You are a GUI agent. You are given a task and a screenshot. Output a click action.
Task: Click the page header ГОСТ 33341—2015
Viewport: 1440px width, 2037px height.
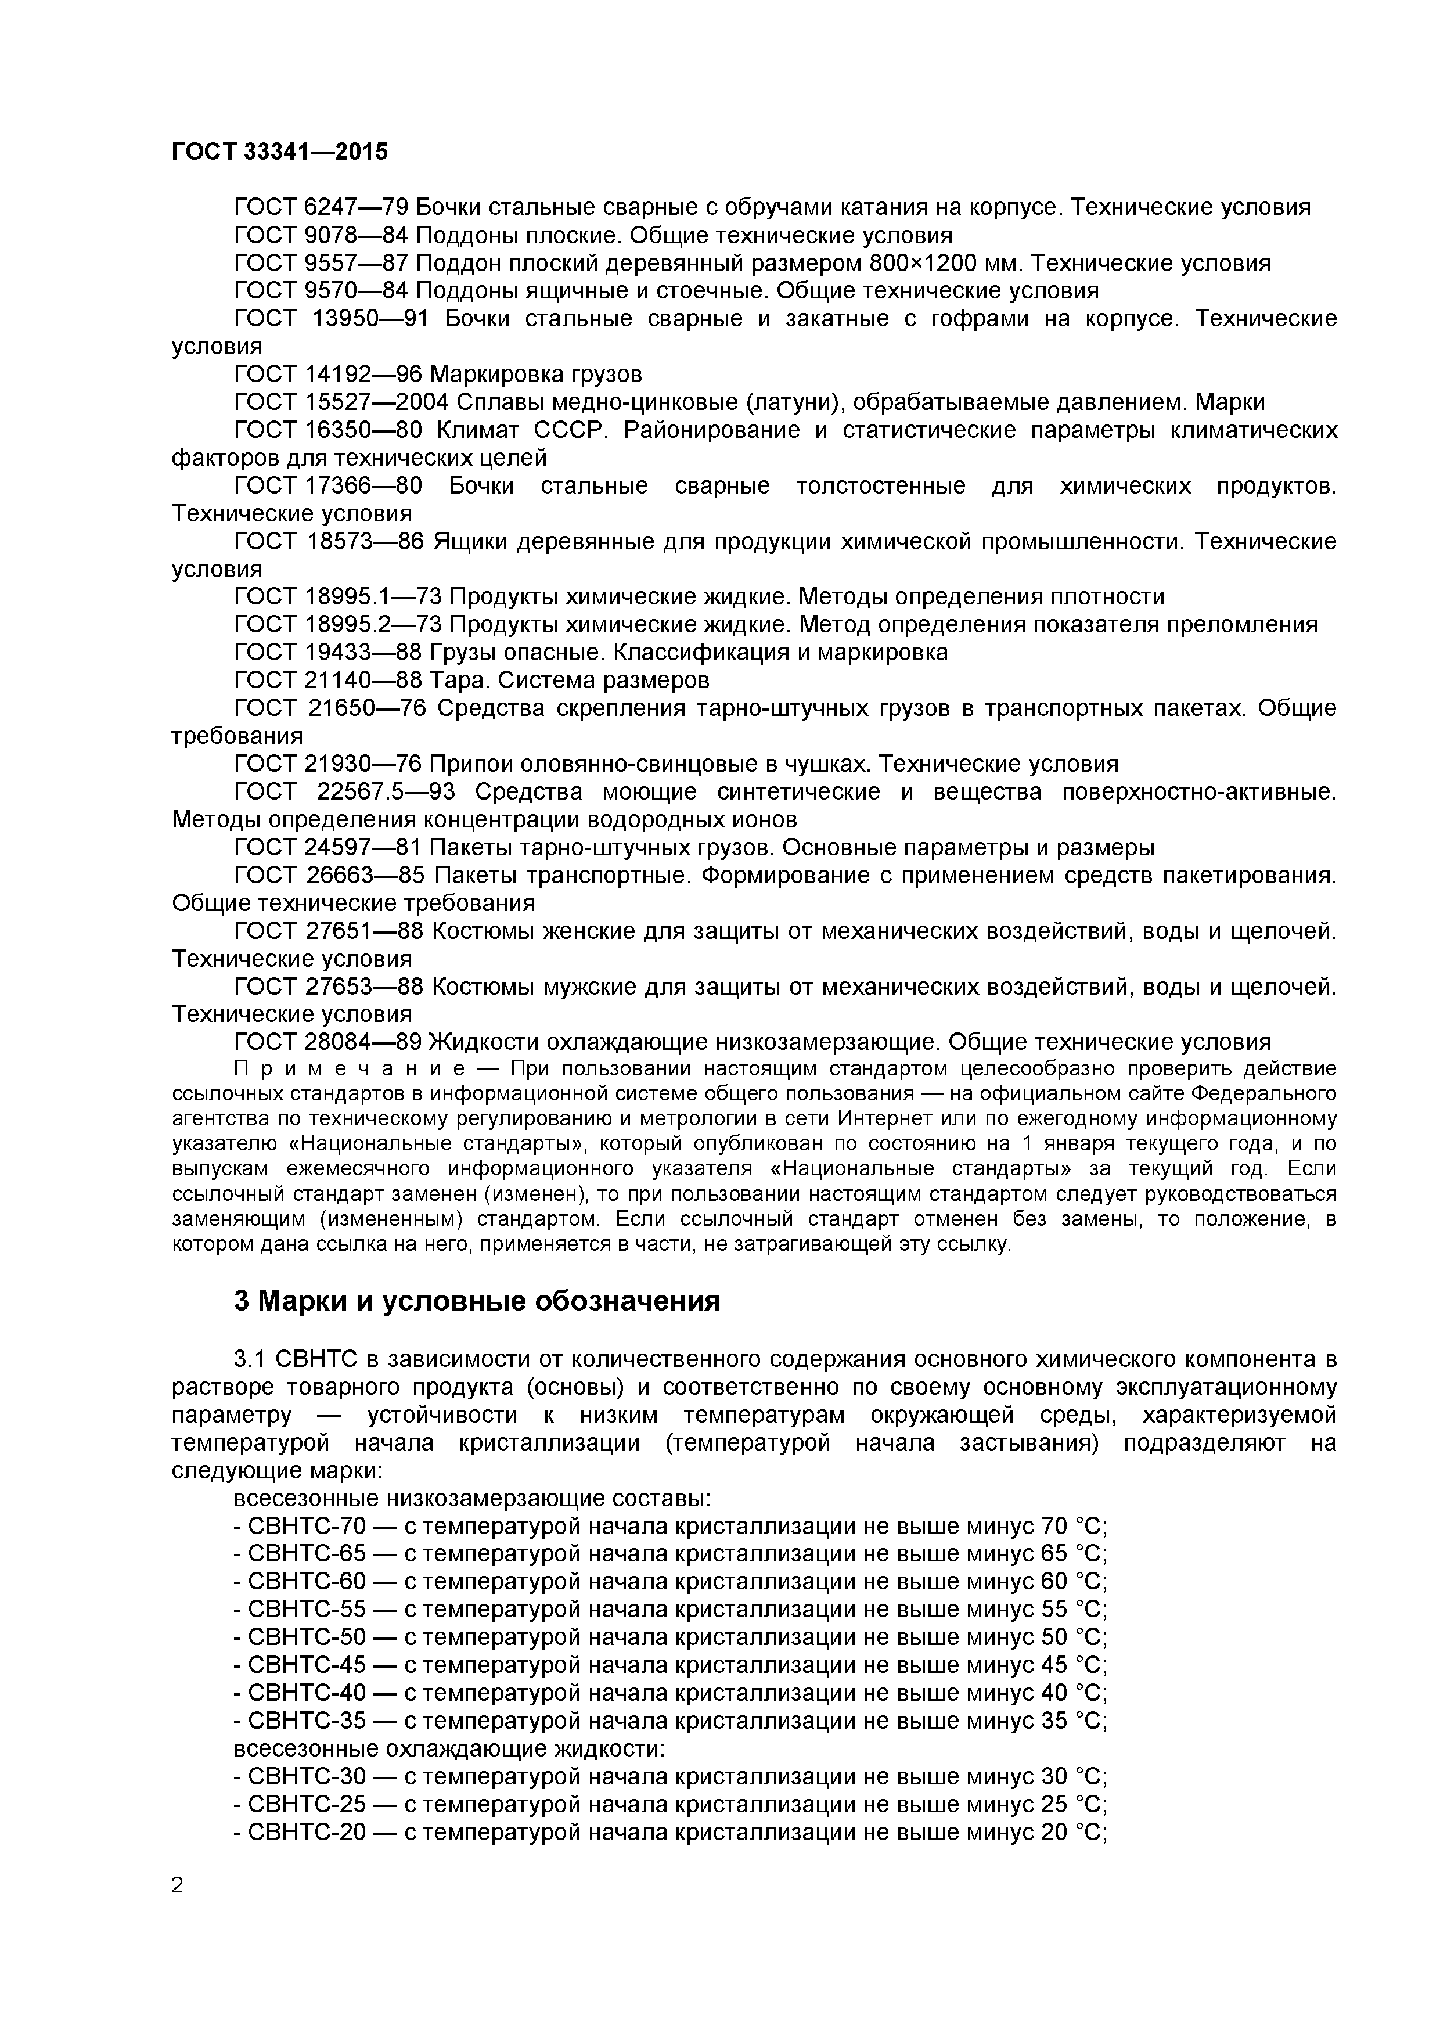(279, 152)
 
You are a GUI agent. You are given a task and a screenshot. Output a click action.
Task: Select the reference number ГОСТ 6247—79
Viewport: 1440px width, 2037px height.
(321, 208)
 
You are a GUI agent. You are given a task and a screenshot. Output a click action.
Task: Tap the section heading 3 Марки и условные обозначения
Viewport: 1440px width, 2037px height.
(477, 1301)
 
